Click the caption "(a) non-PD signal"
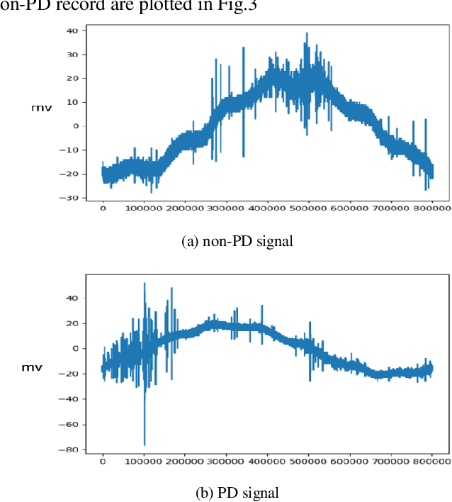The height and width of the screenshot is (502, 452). coord(237,241)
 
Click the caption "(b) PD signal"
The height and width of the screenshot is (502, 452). coord(237,492)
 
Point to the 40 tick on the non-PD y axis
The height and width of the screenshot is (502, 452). coord(72,30)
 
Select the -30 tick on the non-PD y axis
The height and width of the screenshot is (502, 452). coord(71,198)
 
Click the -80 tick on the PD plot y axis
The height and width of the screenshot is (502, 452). coord(71,450)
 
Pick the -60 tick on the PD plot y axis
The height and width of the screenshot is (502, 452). coord(71,424)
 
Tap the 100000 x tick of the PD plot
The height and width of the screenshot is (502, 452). coord(144,462)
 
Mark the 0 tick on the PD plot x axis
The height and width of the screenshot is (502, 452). coord(103,462)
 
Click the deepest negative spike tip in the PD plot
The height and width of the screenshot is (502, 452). coord(145,445)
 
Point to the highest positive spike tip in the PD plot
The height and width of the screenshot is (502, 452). coord(145,283)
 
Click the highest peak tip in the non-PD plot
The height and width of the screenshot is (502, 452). coord(307,33)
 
